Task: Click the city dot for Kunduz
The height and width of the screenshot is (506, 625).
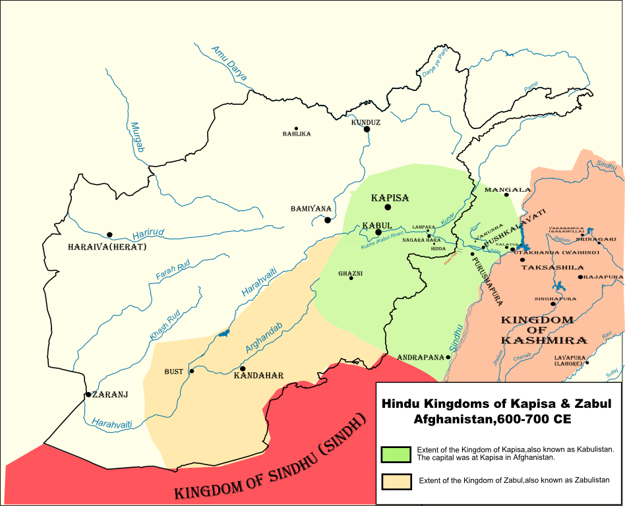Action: [x=367, y=129]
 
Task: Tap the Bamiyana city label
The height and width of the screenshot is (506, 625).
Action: [x=311, y=209]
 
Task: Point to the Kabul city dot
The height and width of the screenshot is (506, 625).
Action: [x=378, y=232]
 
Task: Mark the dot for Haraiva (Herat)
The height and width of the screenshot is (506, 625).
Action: [x=109, y=235]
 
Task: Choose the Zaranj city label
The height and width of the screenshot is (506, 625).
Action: [x=110, y=395]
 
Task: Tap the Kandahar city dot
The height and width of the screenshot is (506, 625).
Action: [x=243, y=368]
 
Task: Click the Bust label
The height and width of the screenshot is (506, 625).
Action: [x=174, y=372]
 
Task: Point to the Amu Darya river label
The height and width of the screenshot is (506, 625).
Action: [x=229, y=63]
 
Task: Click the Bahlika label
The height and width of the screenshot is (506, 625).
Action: [x=297, y=134]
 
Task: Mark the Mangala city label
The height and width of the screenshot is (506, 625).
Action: [x=507, y=189]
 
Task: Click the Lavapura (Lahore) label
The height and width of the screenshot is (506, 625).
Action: [x=568, y=360]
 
